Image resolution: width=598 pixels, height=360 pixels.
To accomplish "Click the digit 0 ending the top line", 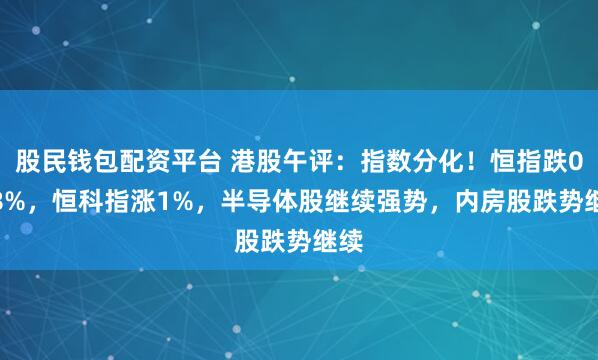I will (584, 158).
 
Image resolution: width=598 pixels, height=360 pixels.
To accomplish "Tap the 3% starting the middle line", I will (16, 185).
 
